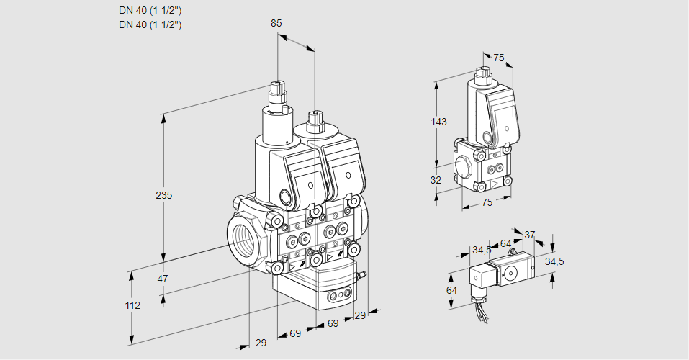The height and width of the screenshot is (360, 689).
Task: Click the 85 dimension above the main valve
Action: point(276,23)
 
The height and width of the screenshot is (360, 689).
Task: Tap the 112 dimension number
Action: point(132,305)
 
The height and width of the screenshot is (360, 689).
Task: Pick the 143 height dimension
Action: point(438,122)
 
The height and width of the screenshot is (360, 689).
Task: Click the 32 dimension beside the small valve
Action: point(436,180)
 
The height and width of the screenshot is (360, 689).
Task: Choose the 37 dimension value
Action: point(529,235)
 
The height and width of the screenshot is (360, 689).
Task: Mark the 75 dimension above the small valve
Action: point(499,58)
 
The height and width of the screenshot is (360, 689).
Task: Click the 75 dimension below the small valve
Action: point(487,203)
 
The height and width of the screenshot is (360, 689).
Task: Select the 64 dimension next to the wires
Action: point(451,290)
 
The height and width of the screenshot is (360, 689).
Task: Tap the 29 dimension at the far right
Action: point(360,315)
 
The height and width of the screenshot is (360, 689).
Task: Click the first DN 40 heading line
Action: point(150,10)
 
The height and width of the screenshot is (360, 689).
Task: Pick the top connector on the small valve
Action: point(483,76)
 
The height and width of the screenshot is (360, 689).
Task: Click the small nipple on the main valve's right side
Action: point(362,274)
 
